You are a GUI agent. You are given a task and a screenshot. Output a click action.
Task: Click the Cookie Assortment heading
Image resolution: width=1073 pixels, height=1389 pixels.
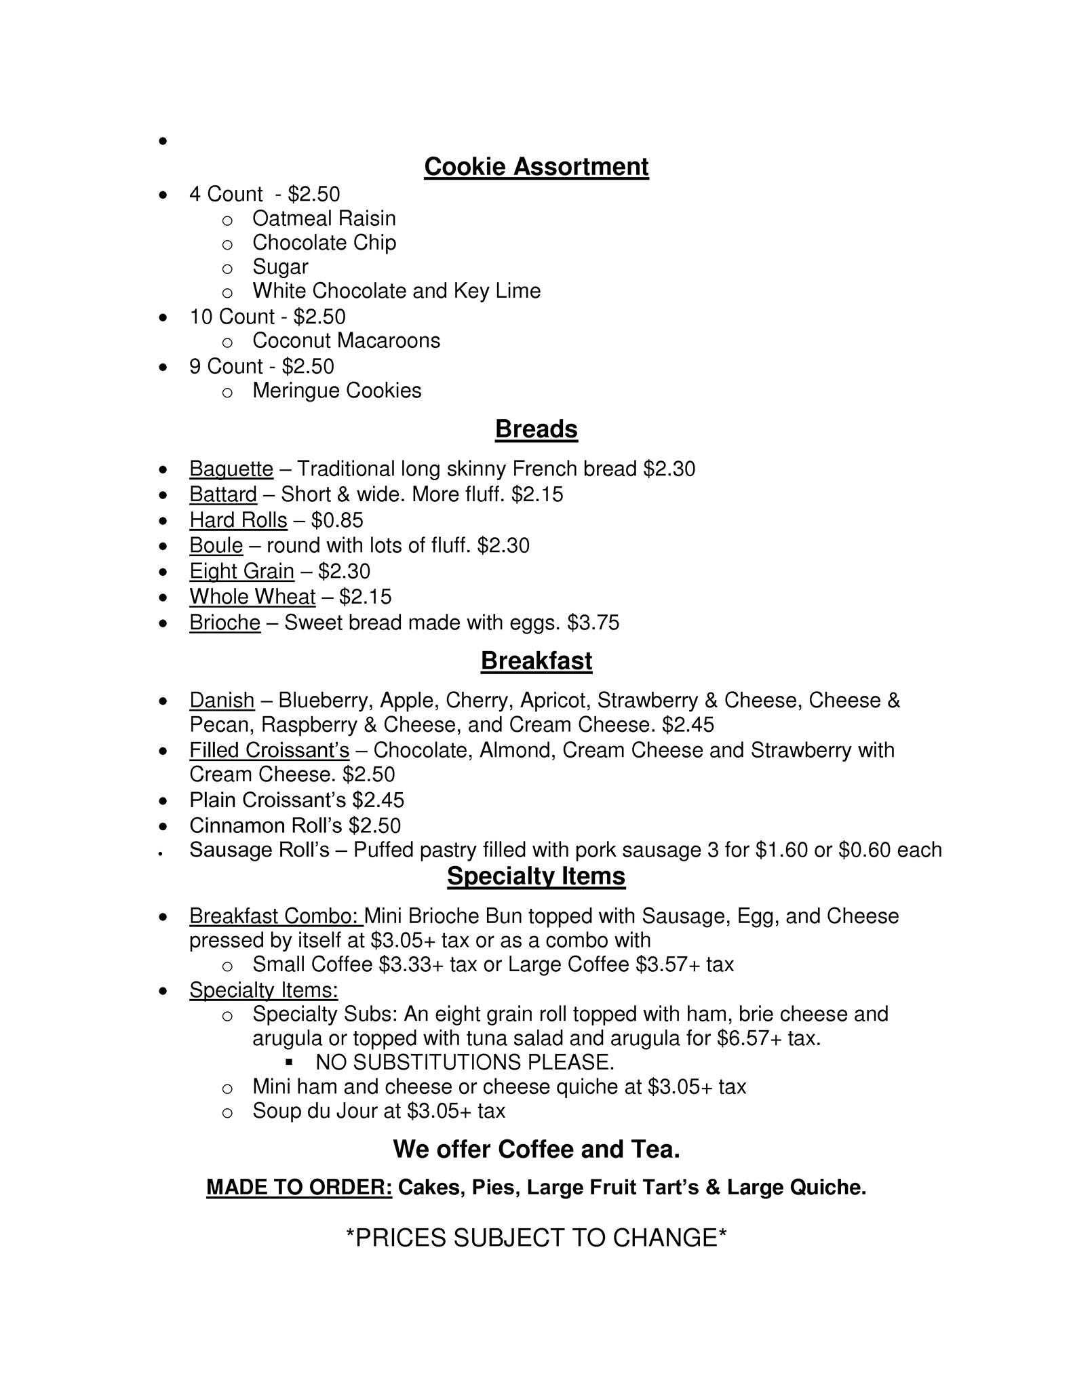[x=536, y=167]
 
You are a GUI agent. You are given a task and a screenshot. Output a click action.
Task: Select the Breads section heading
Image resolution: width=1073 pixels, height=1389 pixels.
[x=536, y=429]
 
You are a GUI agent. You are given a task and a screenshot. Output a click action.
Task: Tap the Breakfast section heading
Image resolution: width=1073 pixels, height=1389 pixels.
[x=536, y=661]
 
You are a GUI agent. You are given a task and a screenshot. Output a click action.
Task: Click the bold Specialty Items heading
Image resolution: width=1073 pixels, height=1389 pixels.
[x=536, y=876]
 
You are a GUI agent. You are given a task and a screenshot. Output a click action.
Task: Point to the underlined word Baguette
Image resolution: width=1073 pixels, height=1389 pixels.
[x=231, y=469]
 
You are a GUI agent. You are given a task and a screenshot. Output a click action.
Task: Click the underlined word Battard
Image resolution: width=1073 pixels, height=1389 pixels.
[x=222, y=495]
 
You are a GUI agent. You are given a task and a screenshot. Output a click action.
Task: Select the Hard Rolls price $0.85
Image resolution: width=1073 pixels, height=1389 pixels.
[x=337, y=521]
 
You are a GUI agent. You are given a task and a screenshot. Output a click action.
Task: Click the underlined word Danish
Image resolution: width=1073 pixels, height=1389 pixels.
[x=222, y=701]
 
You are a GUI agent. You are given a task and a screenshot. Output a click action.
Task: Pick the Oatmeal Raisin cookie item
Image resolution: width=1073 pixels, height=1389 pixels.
[x=324, y=219]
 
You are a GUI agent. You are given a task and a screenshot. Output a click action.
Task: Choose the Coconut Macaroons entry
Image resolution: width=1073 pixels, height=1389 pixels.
[x=346, y=341]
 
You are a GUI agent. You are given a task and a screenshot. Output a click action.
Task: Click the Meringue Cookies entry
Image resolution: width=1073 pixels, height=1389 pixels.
[x=336, y=391]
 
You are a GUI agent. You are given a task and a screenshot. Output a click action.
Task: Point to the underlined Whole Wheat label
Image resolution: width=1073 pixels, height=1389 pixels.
[x=252, y=598]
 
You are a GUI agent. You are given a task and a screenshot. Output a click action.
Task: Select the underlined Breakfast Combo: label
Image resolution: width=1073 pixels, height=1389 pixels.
[x=275, y=917]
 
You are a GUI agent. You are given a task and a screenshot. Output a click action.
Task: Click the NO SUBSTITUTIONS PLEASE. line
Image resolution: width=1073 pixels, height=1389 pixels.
[x=465, y=1063]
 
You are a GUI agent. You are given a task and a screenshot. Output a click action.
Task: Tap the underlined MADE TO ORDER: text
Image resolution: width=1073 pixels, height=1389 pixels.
[x=299, y=1188]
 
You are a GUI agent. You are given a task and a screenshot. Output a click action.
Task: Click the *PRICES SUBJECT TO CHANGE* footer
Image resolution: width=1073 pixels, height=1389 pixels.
[x=536, y=1238]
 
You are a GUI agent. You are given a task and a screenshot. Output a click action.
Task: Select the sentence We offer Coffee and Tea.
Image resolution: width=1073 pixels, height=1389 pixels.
[x=536, y=1150]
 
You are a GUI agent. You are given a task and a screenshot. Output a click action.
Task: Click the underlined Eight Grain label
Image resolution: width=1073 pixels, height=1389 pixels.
[x=241, y=572]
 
